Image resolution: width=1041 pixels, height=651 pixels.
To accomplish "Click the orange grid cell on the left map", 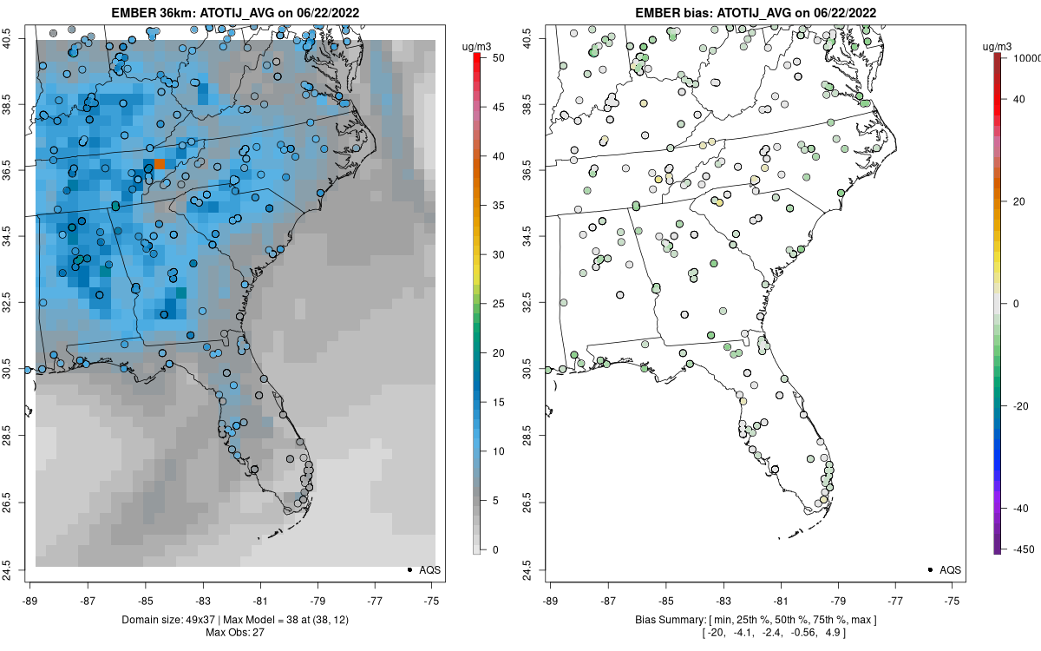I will point(160,163).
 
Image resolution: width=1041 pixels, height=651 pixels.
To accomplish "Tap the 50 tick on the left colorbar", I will point(498,58).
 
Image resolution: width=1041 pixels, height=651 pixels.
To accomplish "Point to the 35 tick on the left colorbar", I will point(498,206).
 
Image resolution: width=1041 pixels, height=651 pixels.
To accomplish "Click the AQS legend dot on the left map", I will point(409,569).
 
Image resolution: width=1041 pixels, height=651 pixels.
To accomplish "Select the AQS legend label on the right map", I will point(951,569).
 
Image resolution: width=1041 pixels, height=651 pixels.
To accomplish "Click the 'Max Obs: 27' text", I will point(235,631).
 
